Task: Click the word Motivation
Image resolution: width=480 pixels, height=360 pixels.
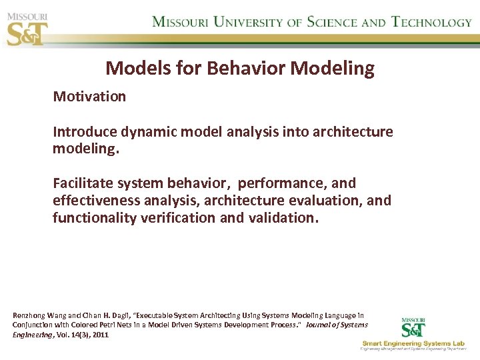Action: (89, 97)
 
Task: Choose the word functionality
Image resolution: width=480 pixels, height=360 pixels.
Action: (95, 217)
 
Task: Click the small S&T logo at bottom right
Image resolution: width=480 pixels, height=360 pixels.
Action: (414, 327)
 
